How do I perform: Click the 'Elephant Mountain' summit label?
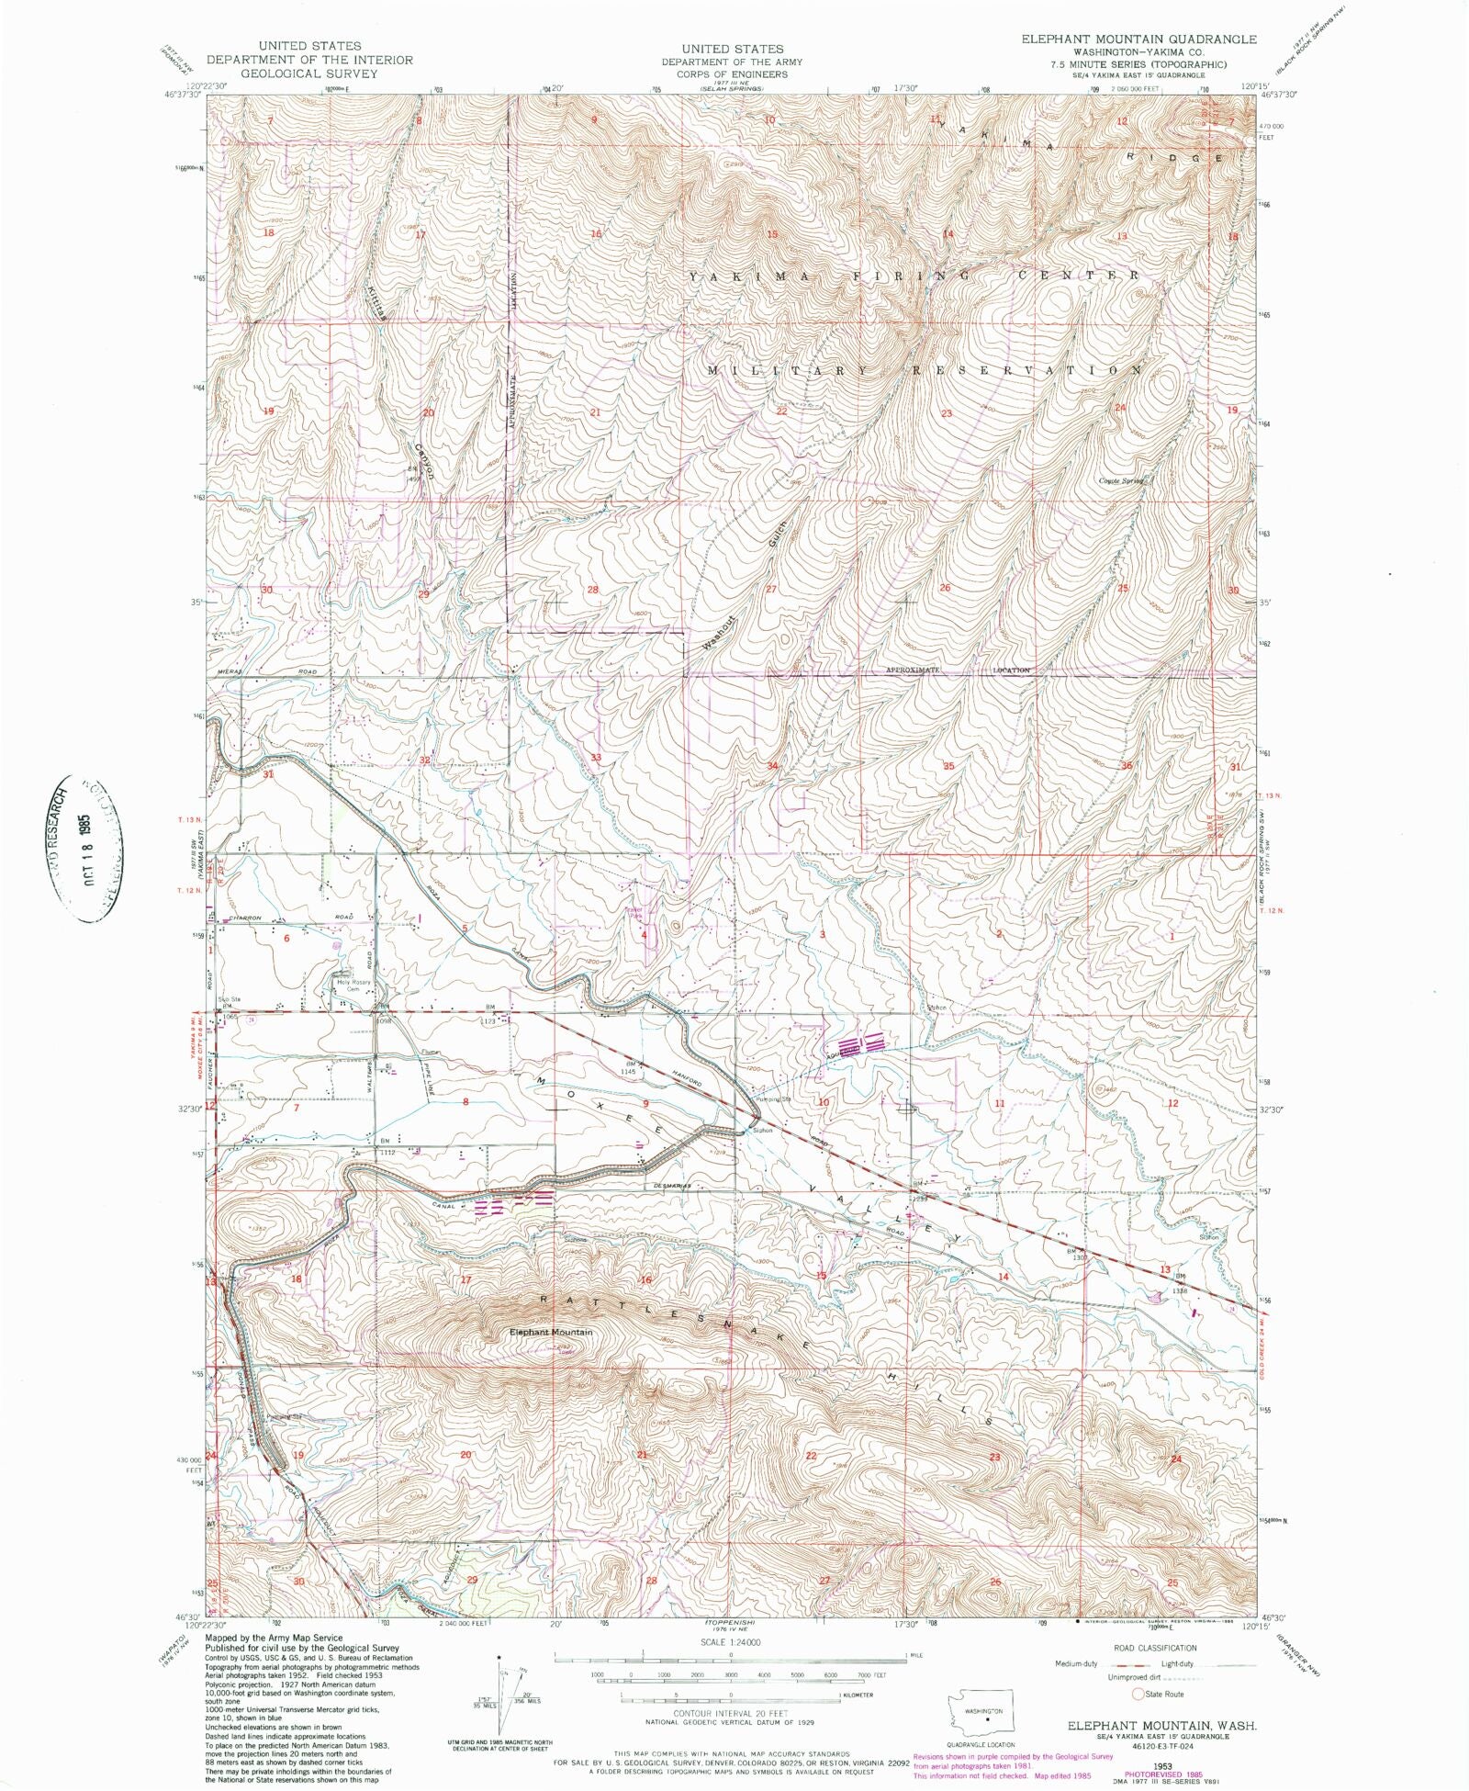coord(551,1332)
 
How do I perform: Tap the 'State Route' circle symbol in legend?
coord(1140,1694)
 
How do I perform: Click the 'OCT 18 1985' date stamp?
coord(90,845)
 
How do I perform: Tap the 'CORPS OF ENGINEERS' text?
coord(732,73)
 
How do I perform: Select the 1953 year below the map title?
coord(1154,1763)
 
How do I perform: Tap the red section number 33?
coord(596,757)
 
